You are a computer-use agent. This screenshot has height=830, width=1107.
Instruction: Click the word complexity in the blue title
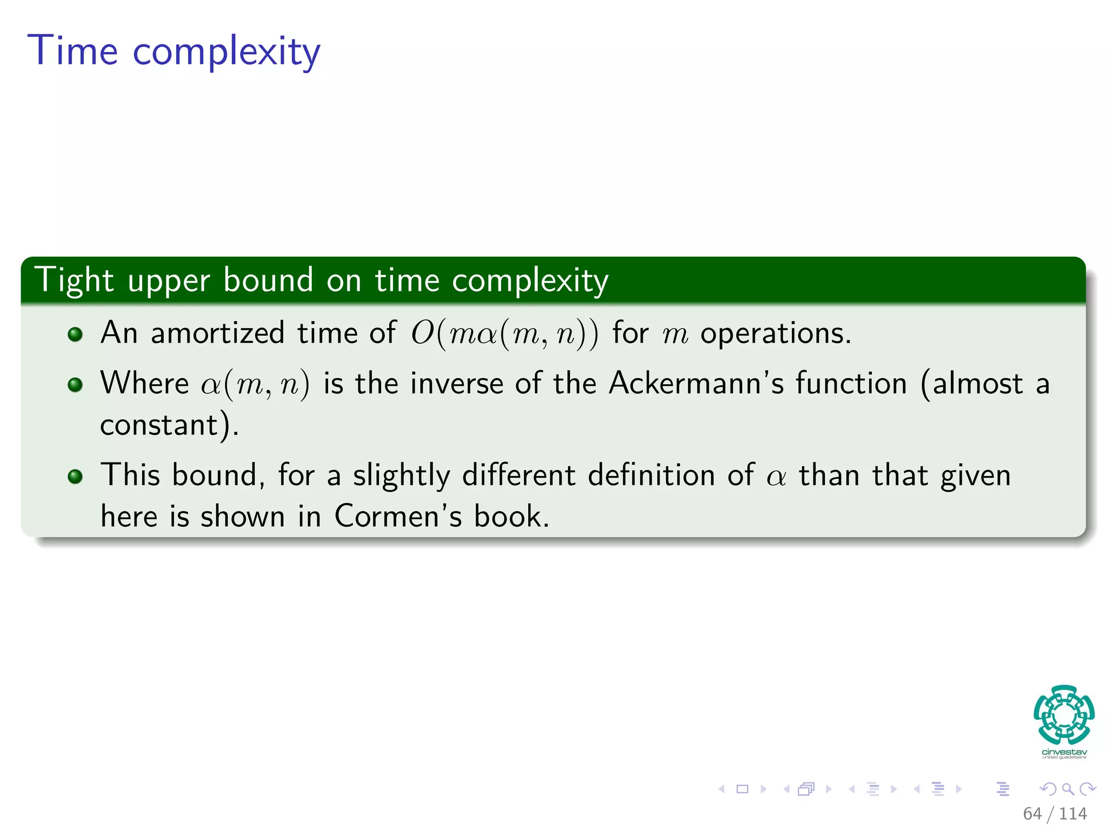click(226, 52)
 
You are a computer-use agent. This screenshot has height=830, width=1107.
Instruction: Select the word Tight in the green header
click(74, 281)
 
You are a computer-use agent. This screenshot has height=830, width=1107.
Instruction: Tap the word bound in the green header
click(268, 280)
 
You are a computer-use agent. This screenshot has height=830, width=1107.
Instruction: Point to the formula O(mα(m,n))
click(504, 333)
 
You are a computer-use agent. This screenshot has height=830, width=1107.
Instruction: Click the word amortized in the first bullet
click(217, 332)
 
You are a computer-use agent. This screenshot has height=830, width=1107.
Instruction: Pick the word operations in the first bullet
click(776, 333)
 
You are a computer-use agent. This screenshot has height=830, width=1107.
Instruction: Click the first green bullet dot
click(75, 334)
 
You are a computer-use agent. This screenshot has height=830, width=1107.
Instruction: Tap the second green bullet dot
click(75, 385)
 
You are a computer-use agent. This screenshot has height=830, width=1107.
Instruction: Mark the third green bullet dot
click(75, 476)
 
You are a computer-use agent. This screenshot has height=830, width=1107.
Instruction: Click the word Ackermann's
click(696, 384)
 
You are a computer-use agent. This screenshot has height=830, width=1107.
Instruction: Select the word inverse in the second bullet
click(457, 384)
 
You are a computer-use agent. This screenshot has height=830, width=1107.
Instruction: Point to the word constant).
click(169, 425)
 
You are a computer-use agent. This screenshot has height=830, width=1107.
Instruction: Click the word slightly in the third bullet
click(401, 476)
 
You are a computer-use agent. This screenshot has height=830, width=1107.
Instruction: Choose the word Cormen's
click(398, 516)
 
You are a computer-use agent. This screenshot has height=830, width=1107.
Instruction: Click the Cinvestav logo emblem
click(1064, 715)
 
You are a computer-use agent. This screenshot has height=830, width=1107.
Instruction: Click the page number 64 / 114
click(1055, 813)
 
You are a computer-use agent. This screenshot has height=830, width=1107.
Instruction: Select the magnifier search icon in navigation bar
click(1068, 789)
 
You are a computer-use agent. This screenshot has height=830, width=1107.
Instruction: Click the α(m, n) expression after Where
click(256, 384)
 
